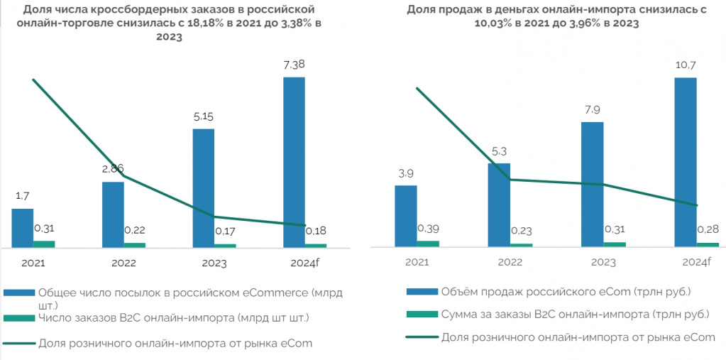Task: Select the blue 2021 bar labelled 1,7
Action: point(23,228)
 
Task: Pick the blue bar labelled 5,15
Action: point(204,188)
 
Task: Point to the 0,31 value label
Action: point(44,229)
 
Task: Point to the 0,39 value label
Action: point(428,229)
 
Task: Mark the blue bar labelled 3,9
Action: point(406,216)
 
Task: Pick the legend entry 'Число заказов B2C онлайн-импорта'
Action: point(173,317)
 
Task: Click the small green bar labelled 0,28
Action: point(708,244)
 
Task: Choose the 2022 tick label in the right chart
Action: point(510,262)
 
